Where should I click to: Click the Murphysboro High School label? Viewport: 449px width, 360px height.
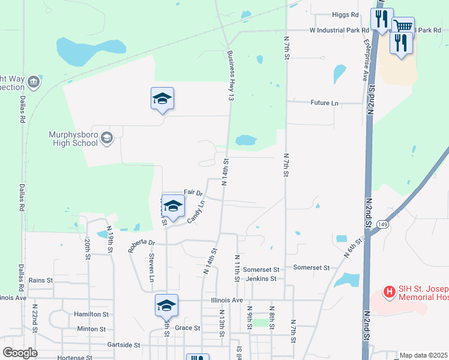click(x=73, y=139)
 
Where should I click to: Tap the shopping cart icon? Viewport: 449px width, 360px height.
click(x=403, y=26)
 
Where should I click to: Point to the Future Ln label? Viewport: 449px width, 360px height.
click(x=324, y=103)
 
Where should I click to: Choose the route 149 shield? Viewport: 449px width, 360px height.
click(x=382, y=224)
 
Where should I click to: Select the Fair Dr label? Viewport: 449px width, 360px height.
click(x=193, y=193)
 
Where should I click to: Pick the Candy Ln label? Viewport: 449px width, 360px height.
click(x=196, y=212)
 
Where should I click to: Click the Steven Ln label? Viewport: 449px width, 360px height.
click(x=151, y=268)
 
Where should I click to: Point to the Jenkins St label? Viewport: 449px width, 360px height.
click(x=260, y=278)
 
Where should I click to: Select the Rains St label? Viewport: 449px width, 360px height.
click(x=41, y=280)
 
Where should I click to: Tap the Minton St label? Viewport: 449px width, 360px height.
click(x=91, y=329)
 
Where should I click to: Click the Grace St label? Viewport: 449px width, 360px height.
click(x=187, y=328)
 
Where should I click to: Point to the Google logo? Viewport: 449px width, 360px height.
click(x=20, y=353)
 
